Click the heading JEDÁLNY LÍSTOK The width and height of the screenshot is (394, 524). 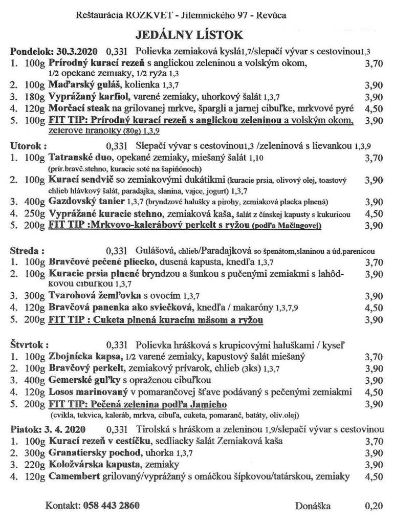[x=189, y=34]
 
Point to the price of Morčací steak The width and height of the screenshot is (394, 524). [x=374, y=109]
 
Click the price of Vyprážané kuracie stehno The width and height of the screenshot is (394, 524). [x=374, y=214]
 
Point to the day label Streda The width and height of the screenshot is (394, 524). [x=27, y=251]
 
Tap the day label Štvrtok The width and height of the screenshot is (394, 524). [x=29, y=345]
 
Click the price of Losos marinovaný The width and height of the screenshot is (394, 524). [x=374, y=392]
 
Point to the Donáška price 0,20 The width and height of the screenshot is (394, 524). [x=374, y=506]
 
